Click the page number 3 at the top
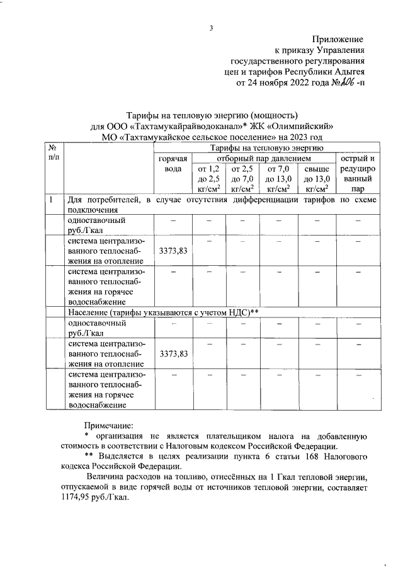[211, 28]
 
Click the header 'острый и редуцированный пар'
[358, 173]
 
